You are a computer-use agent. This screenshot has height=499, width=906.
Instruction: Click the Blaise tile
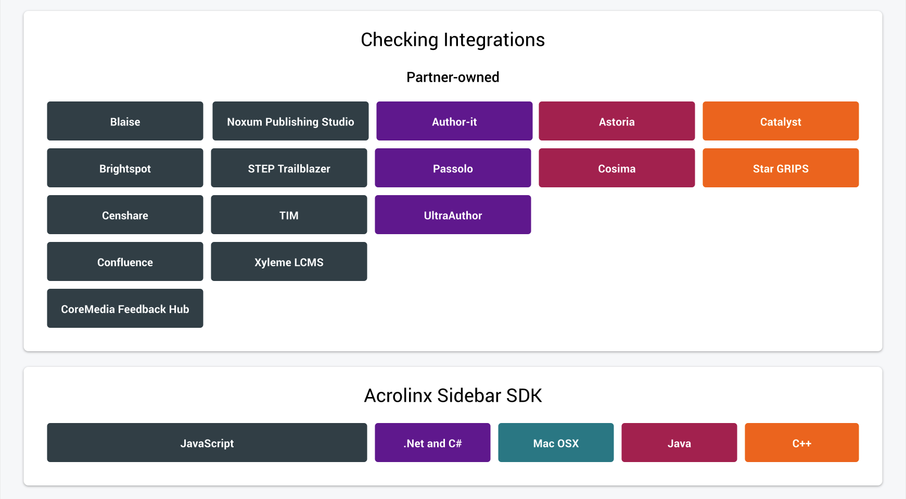point(125,121)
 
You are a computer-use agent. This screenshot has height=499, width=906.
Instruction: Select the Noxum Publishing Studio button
point(290,121)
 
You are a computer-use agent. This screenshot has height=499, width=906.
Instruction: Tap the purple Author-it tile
point(454,121)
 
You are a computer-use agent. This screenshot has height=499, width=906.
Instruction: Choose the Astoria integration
point(617,121)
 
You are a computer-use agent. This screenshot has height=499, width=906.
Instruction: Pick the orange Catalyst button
point(781,121)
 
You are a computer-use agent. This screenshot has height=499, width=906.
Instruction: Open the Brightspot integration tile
point(125,168)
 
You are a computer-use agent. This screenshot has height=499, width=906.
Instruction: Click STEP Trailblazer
point(289,168)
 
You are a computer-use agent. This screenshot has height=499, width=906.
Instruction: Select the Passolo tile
point(453,168)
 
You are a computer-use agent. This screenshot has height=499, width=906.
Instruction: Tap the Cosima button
point(617,168)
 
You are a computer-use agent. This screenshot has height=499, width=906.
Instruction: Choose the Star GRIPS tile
point(781,168)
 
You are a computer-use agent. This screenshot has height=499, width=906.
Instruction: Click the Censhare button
point(125,214)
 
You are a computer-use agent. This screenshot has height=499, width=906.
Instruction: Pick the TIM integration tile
point(289,214)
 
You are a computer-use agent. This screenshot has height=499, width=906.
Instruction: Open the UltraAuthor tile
point(453,214)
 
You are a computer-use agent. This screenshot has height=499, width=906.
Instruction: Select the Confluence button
point(125,261)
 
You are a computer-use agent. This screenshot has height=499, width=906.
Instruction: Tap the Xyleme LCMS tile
point(289,261)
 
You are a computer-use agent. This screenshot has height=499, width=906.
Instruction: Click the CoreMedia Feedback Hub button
point(125,308)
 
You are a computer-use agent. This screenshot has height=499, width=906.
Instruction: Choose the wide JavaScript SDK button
point(207,442)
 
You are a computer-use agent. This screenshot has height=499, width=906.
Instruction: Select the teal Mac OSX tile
point(556,442)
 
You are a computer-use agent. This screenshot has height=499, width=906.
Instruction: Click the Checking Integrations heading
point(453,40)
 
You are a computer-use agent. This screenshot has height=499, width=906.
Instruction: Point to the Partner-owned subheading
point(453,77)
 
